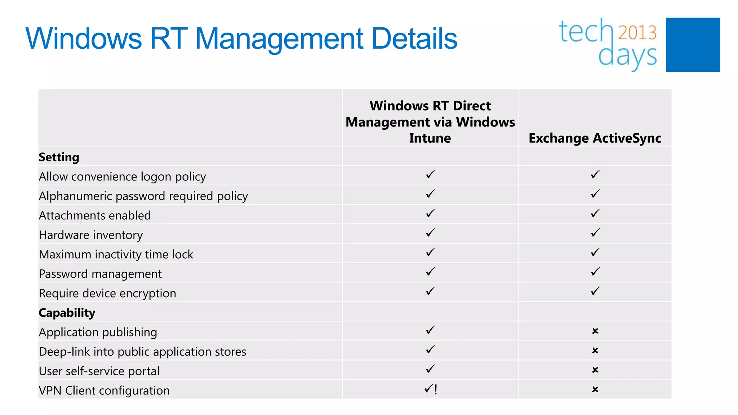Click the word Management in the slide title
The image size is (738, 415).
pyautogui.click(x=279, y=39)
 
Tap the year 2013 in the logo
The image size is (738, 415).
pyautogui.click(x=637, y=33)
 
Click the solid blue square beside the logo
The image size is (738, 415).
pyautogui.click(x=693, y=45)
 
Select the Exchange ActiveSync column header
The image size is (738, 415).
pyautogui.click(x=595, y=138)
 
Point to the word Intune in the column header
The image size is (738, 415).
pyautogui.click(x=430, y=138)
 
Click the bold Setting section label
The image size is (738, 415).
pyautogui.click(x=59, y=157)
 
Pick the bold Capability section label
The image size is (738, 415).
pyautogui.click(x=67, y=313)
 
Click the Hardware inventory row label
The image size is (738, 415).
pyautogui.click(x=91, y=235)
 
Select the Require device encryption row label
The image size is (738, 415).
pyautogui.click(x=107, y=293)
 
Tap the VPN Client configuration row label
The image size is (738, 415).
pyautogui.click(x=104, y=391)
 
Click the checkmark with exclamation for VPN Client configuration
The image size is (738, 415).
pyautogui.click(x=431, y=389)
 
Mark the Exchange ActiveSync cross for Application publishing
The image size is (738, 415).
pyautogui.click(x=595, y=331)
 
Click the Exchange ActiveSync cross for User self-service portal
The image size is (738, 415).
pyautogui.click(x=595, y=370)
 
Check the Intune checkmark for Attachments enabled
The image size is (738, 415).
pyautogui.click(x=430, y=213)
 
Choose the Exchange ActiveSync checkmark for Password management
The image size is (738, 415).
pyautogui.click(x=595, y=272)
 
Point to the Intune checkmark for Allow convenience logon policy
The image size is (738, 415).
pyautogui.click(x=430, y=174)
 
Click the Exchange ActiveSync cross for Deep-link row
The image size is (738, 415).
pyautogui.click(x=595, y=351)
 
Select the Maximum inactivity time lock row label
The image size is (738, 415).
pyautogui.click(x=116, y=254)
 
